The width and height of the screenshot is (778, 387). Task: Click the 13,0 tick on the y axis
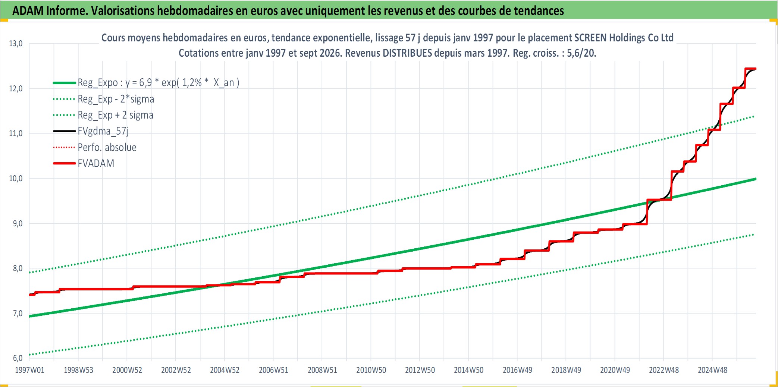pos(16,44)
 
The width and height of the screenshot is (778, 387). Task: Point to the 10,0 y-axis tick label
pos(16,179)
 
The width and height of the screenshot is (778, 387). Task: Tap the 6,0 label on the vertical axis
pos(18,358)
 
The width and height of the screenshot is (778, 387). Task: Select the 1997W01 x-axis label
pos(29,370)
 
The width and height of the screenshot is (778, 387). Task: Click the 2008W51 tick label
pos(322,370)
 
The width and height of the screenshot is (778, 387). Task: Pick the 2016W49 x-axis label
pos(517,370)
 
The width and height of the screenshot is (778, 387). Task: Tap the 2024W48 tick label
pos(712,370)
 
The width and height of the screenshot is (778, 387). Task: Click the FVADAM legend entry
pos(96,163)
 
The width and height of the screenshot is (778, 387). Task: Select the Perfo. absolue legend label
pos(107,147)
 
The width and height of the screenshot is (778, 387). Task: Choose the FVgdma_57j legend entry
pos(103,131)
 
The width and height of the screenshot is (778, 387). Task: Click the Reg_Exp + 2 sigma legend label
pos(116,115)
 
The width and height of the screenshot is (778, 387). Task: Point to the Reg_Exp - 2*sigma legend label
pos(116,99)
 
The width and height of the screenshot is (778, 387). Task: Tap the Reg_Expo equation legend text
pos(159,83)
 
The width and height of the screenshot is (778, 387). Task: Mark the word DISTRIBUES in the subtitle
pos(408,53)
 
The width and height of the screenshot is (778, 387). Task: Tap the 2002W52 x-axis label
pos(176,370)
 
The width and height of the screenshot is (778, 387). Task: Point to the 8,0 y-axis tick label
pos(18,268)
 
